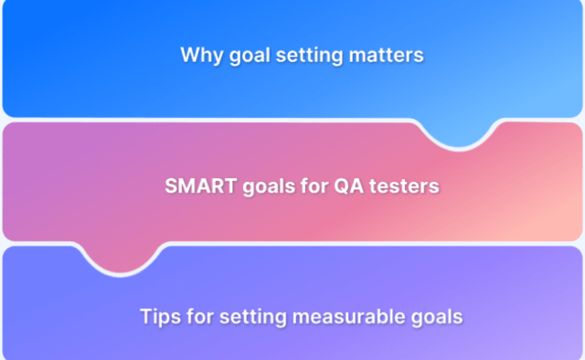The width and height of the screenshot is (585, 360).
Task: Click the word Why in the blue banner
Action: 198,55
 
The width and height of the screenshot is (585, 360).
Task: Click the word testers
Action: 395,187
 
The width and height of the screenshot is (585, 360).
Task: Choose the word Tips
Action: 159,317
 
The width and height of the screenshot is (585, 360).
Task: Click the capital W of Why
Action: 189,55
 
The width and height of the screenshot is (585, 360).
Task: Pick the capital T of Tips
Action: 146,317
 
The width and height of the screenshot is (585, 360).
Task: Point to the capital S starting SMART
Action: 170,187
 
